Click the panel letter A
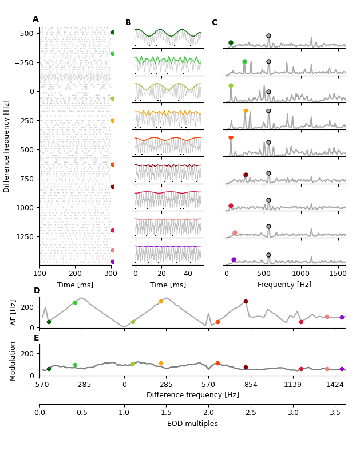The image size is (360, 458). point(35,19)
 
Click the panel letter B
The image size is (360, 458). point(128,23)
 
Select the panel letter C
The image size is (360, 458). point(215,23)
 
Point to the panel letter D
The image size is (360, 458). point(37,291)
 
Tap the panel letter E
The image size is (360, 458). point(37,338)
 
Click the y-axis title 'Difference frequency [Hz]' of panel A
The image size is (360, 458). point(7,146)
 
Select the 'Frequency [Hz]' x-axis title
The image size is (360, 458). point(284,285)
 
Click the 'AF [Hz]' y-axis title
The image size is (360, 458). point(14,313)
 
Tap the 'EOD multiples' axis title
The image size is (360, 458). point(192,424)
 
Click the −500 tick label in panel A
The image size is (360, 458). point(23,33)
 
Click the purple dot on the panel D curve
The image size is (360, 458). point(342,317)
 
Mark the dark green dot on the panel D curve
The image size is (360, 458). point(49,322)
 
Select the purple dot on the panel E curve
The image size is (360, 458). point(342,369)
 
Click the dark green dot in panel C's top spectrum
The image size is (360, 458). point(231,42)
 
